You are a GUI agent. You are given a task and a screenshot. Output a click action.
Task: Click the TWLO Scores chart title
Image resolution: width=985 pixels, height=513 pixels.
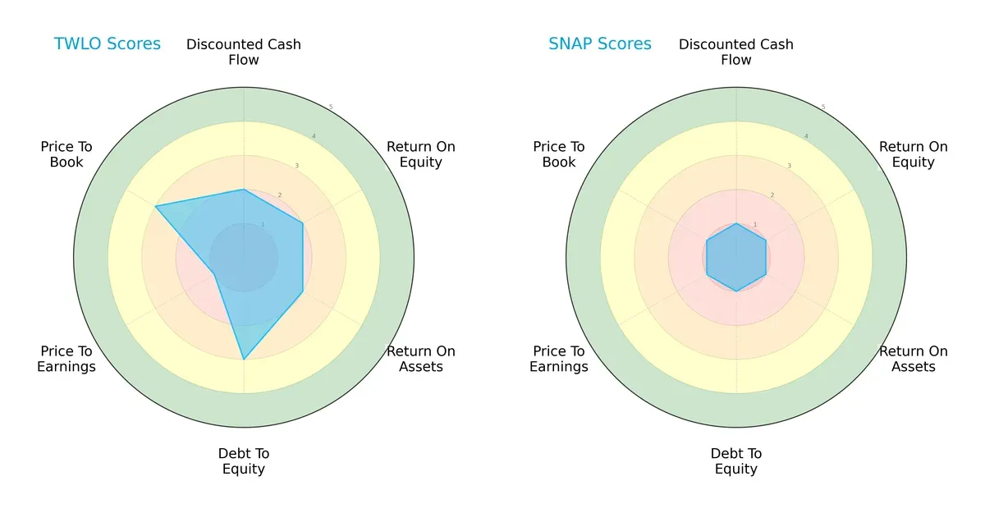click(x=107, y=44)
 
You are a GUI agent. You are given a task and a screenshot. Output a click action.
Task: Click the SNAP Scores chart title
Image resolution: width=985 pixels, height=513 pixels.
click(x=600, y=44)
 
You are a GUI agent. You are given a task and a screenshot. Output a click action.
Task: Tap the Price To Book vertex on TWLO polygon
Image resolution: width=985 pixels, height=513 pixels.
click(x=156, y=206)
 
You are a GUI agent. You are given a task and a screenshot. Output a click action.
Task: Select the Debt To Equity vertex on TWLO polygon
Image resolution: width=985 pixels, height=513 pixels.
click(x=244, y=359)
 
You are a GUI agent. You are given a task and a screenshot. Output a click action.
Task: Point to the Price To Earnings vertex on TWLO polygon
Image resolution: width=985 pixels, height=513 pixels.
click(x=215, y=274)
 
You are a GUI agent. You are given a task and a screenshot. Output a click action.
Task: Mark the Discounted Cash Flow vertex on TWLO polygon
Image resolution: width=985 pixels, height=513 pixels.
click(x=244, y=190)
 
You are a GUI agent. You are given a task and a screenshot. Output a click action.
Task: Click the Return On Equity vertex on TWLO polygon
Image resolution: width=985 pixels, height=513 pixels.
click(x=303, y=223)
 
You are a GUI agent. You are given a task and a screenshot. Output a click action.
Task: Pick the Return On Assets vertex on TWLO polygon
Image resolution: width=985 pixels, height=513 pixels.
click(x=303, y=291)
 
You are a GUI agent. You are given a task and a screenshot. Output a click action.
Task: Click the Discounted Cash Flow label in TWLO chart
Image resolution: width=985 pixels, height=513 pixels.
click(x=244, y=52)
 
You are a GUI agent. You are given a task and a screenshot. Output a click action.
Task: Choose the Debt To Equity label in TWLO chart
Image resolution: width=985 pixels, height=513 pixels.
click(x=244, y=461)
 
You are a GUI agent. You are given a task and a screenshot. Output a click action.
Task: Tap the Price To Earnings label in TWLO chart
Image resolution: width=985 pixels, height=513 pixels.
click(x=66, y=359)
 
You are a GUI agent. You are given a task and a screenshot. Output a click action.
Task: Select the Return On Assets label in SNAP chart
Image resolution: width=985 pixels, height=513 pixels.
click(x=913, y=359)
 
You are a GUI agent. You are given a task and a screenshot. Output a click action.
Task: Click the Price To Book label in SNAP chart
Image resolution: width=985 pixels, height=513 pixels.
click(x=559, y=154)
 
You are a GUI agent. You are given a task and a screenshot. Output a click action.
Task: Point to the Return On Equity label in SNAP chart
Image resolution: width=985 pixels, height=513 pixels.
click(x=913, y=154)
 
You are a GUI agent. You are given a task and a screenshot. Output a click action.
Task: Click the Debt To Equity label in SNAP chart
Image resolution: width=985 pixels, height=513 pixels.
click(x=736, y=461)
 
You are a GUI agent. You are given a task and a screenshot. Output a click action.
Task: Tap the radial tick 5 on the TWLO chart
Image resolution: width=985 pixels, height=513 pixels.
click(x=331, y=107)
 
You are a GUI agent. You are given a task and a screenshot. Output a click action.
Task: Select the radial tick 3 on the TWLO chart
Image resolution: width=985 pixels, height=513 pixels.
click(x=297, y=166)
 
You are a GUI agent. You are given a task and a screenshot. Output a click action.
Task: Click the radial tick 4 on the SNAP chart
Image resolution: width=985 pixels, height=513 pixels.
click(x=806, y=136)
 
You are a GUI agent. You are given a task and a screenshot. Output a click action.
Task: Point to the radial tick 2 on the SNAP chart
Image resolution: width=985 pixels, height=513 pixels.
click(x=772, y=195)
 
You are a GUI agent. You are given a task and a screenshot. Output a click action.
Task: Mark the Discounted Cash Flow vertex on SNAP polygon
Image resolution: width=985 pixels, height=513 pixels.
click(x=736, y=223)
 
